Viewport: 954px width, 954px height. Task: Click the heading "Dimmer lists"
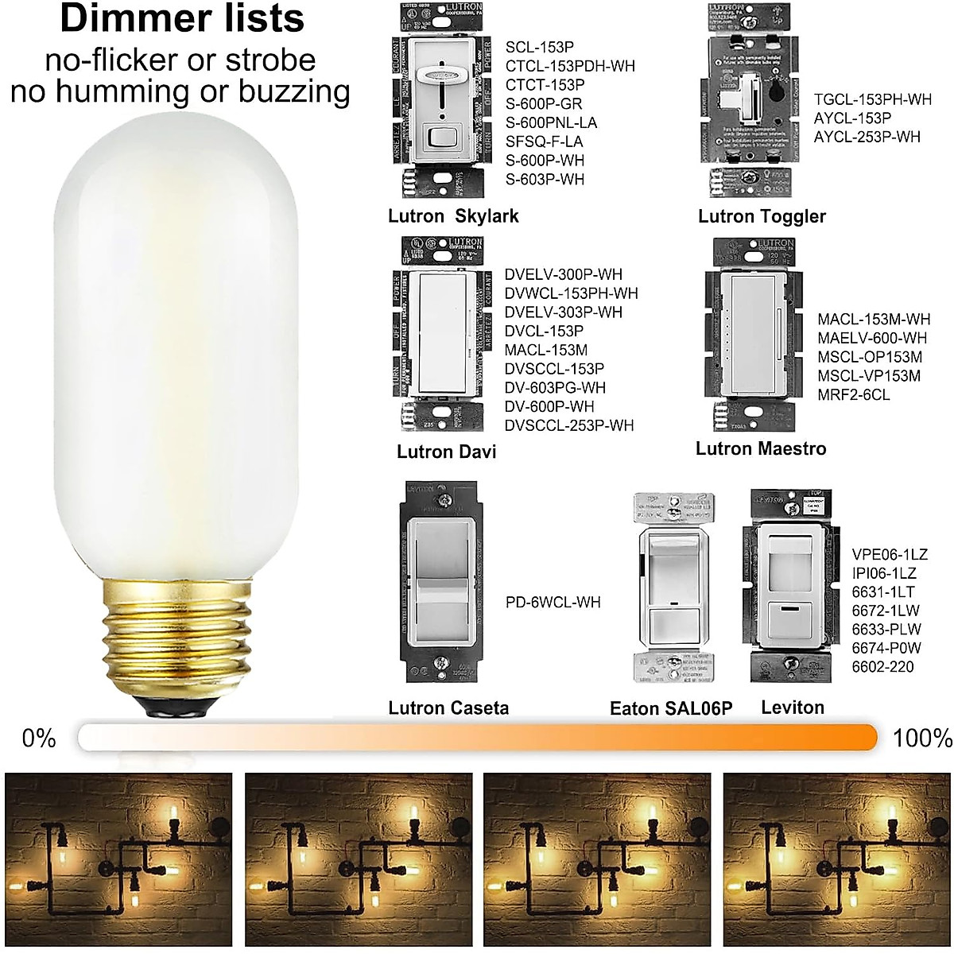pos(181,19)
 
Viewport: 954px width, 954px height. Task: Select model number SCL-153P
pos(539,47)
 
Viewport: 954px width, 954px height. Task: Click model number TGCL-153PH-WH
pos(872,99)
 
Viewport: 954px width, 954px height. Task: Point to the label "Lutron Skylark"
pos(452,216)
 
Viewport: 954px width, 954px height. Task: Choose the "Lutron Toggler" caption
pos(762,216)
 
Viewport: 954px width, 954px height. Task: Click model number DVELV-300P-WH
pos(563,274)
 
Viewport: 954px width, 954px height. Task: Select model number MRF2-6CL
pos(853,395)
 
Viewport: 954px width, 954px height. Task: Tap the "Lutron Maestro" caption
pos(760,449)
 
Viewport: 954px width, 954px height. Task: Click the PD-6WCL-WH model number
pos(553,602)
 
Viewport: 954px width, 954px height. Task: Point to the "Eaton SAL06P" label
pos(670,708)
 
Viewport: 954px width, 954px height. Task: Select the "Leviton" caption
pos(792,708)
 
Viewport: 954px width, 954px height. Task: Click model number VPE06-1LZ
pos(889,554)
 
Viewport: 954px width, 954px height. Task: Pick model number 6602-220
pos(882,667)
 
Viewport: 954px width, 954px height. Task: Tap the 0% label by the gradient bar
pos(39,738)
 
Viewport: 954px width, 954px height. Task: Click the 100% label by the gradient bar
pos(921,738)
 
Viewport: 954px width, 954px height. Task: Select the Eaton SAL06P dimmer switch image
pos(672,588)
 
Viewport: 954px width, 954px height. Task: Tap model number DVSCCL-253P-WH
pos(568,425)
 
